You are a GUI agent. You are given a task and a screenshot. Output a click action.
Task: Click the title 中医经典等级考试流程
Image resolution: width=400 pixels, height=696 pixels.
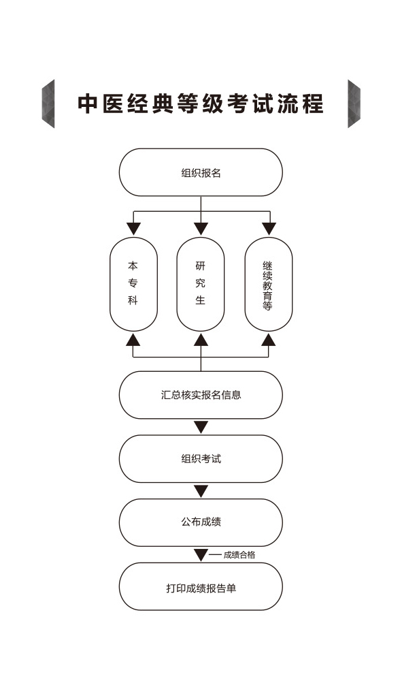click(x=201, y=104)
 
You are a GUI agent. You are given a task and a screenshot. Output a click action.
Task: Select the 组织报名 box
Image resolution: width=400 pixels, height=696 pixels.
click(x=201, y=172)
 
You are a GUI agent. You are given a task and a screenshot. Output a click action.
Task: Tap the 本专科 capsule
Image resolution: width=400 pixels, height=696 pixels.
click(x=133, y=284)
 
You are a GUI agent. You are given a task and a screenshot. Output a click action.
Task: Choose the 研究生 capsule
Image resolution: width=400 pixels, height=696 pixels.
click(x=201, y=284)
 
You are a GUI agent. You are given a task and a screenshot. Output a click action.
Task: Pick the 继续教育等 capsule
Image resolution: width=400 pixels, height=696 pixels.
click(x=268, y=284)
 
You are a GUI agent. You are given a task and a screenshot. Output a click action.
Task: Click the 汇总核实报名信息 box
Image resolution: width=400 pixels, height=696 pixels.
click(x=201, y=395)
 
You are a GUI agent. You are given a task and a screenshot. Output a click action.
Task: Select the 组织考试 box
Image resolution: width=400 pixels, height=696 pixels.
click(x=201, y=458)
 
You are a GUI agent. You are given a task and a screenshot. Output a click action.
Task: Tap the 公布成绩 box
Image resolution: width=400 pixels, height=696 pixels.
click(x=201, y=522)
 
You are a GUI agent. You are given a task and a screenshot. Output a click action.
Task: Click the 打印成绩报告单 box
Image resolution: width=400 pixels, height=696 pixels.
click(x=201, y=586)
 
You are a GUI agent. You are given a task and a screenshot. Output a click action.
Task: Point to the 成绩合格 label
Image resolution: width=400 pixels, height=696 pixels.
click(x=239, y=555)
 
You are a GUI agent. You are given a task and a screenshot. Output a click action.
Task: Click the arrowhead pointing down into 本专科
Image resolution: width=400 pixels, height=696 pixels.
click(x=133, y=229)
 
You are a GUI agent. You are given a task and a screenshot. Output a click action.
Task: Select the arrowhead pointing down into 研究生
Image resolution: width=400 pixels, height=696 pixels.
click(x=201, y=229)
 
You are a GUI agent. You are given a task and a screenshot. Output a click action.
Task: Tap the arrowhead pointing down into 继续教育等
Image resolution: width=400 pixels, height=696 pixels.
click(x=269, y=229)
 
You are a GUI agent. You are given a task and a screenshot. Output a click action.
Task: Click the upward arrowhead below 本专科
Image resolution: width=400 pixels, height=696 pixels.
click(x=133, y=340)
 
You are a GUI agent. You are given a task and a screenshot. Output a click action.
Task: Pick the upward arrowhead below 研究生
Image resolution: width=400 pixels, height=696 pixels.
click(x=201, y=340)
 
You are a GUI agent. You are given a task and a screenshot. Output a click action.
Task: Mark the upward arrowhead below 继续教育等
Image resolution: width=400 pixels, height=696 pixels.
click(x=269, y=340)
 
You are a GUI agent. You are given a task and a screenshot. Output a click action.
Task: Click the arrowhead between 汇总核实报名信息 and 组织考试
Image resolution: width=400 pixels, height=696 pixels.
click(x=201, y=427)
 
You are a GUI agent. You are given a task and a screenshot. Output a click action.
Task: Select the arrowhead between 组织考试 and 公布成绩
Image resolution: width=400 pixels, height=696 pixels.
click(x=201, y=491)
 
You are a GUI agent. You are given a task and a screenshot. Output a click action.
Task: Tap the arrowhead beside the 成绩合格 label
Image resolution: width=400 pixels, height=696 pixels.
click(x=201, y=555)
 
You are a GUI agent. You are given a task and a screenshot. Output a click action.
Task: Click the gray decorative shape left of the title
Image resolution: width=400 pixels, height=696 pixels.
click(x=48, y=104)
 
